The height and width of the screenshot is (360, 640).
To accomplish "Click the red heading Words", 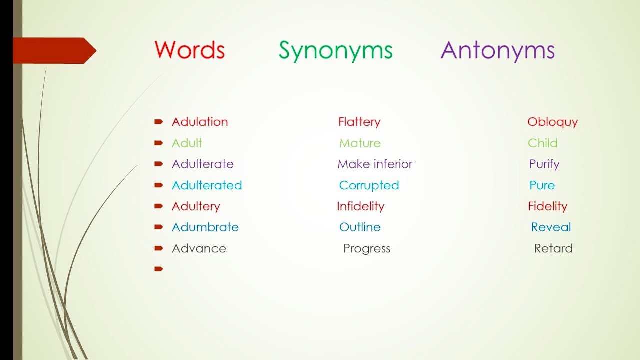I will (189, 50).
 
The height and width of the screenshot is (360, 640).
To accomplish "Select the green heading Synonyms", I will (335, 51).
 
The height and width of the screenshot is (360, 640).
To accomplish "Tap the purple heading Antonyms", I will (497, 50).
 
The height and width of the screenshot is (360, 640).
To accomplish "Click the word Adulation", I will (199, 122).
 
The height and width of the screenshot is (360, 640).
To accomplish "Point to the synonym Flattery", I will (359, 122).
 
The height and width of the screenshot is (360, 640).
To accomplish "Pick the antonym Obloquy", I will (552, 122).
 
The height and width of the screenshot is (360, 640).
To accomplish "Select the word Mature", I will (359, 143).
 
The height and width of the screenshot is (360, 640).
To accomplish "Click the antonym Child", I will (542, 143).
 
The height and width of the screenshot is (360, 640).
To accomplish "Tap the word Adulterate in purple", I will (202, 164).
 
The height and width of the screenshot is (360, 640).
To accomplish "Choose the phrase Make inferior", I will (375, 164).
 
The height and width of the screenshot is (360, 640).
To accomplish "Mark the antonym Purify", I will (544, 164).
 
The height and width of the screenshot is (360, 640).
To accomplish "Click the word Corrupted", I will (369, 185).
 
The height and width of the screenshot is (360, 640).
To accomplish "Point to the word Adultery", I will (196, 206).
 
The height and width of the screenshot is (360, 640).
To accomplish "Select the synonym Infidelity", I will (360, 206).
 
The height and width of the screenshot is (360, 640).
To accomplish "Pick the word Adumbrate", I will (205, 227).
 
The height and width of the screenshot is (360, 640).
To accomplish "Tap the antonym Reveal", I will (551, 227).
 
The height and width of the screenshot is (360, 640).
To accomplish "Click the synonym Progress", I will (366, 249).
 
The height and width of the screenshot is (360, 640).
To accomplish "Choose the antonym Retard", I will (553, 248).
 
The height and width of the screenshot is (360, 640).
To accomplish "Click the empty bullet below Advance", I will (159, 269).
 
